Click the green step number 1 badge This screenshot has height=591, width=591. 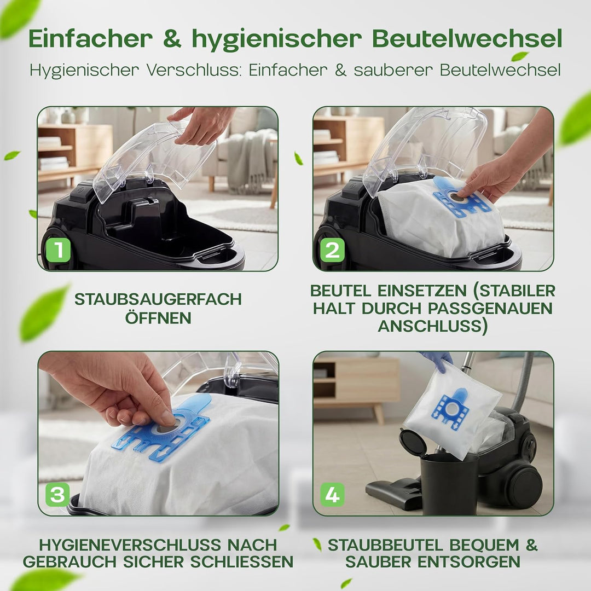(x=58, y=250)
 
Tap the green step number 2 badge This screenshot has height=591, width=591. (x=333, y=250)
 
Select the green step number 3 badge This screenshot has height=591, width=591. (x=57, y=495)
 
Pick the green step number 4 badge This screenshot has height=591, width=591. (x=333, y=495)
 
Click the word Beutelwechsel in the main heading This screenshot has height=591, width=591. (x=467, y=39)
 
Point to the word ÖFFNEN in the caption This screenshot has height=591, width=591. (x=158, y=318)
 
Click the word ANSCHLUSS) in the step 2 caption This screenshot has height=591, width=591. (x=433, y=326)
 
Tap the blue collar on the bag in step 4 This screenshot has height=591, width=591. (x=451, y=408)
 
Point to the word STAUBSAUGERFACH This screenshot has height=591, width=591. (x=158, y=299)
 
